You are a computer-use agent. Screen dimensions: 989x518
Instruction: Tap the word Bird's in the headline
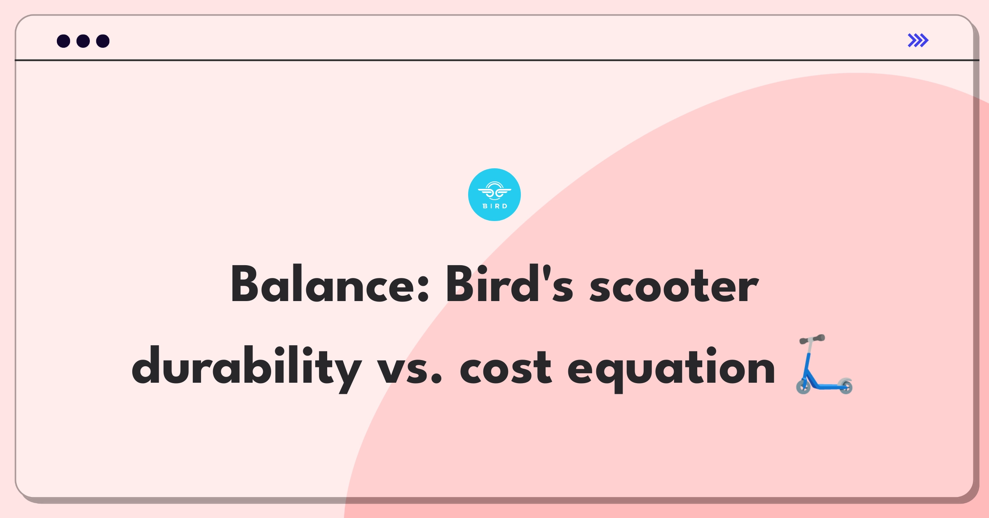click(x=509, y=284)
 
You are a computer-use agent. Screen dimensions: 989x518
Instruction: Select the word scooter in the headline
click(x=674, y=286)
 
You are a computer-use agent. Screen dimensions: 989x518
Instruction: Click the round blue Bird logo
click(x=494, y=195)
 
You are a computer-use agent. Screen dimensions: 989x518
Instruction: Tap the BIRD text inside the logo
click(x=495, y=206)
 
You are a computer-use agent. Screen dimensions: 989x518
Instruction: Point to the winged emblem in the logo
click(x=494, y=191)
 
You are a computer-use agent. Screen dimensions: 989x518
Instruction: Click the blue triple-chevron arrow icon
click(x=918, y=40)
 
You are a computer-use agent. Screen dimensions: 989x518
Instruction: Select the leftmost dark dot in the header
click(x=63, y=41)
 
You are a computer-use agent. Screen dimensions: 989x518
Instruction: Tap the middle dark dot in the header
click(x=83, y=41)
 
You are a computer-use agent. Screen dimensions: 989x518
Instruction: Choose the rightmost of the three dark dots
click(x=103, y=41)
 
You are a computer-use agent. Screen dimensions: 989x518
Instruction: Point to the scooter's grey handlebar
click(x=812, y=339)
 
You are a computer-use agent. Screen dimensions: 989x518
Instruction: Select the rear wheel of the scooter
click(x=846, y=386)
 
